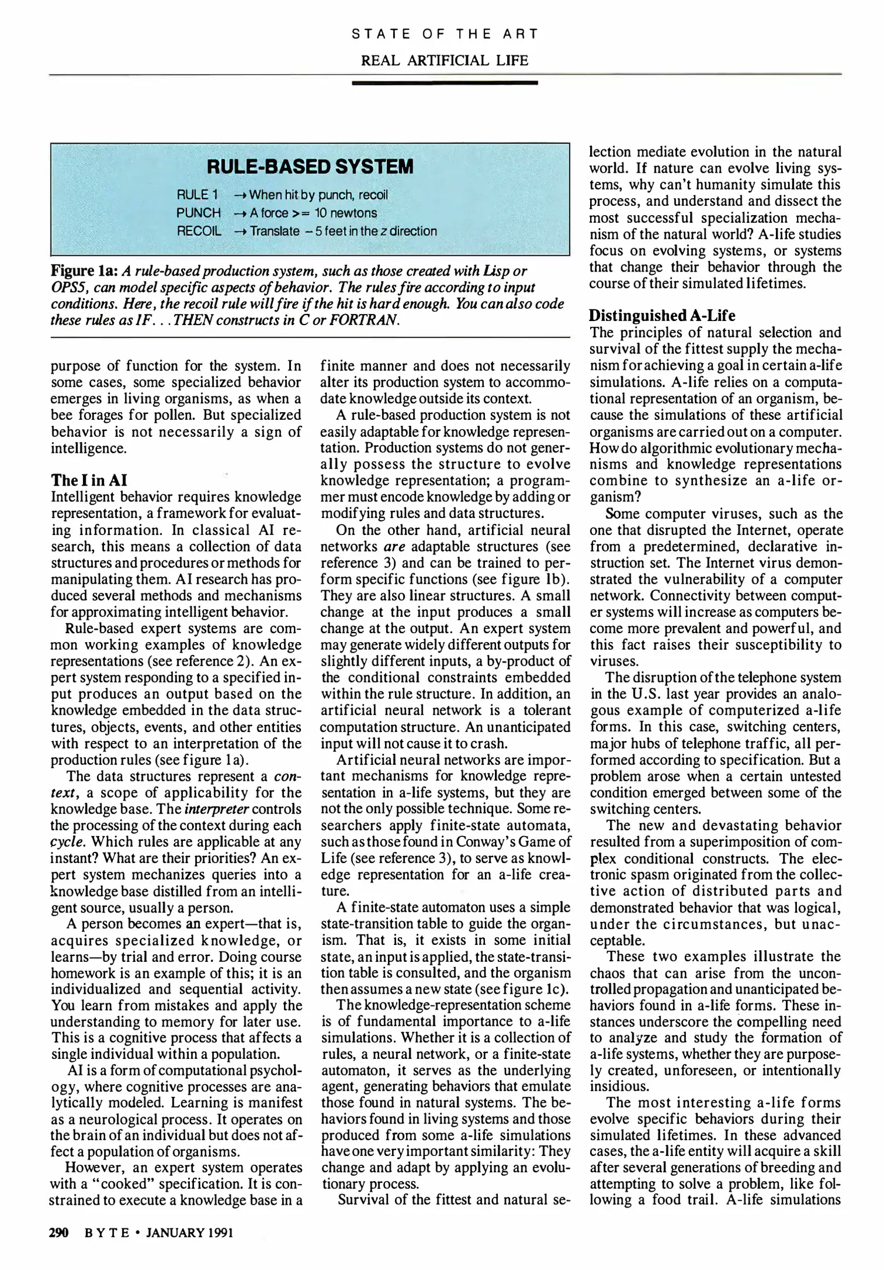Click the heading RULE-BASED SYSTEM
click(310, 167)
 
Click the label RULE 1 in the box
click(197, 195)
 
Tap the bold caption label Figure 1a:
click(85, 272)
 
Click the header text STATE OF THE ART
click(444, 34)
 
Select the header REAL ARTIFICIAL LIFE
click(444, 61)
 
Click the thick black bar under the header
click(444, 83)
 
